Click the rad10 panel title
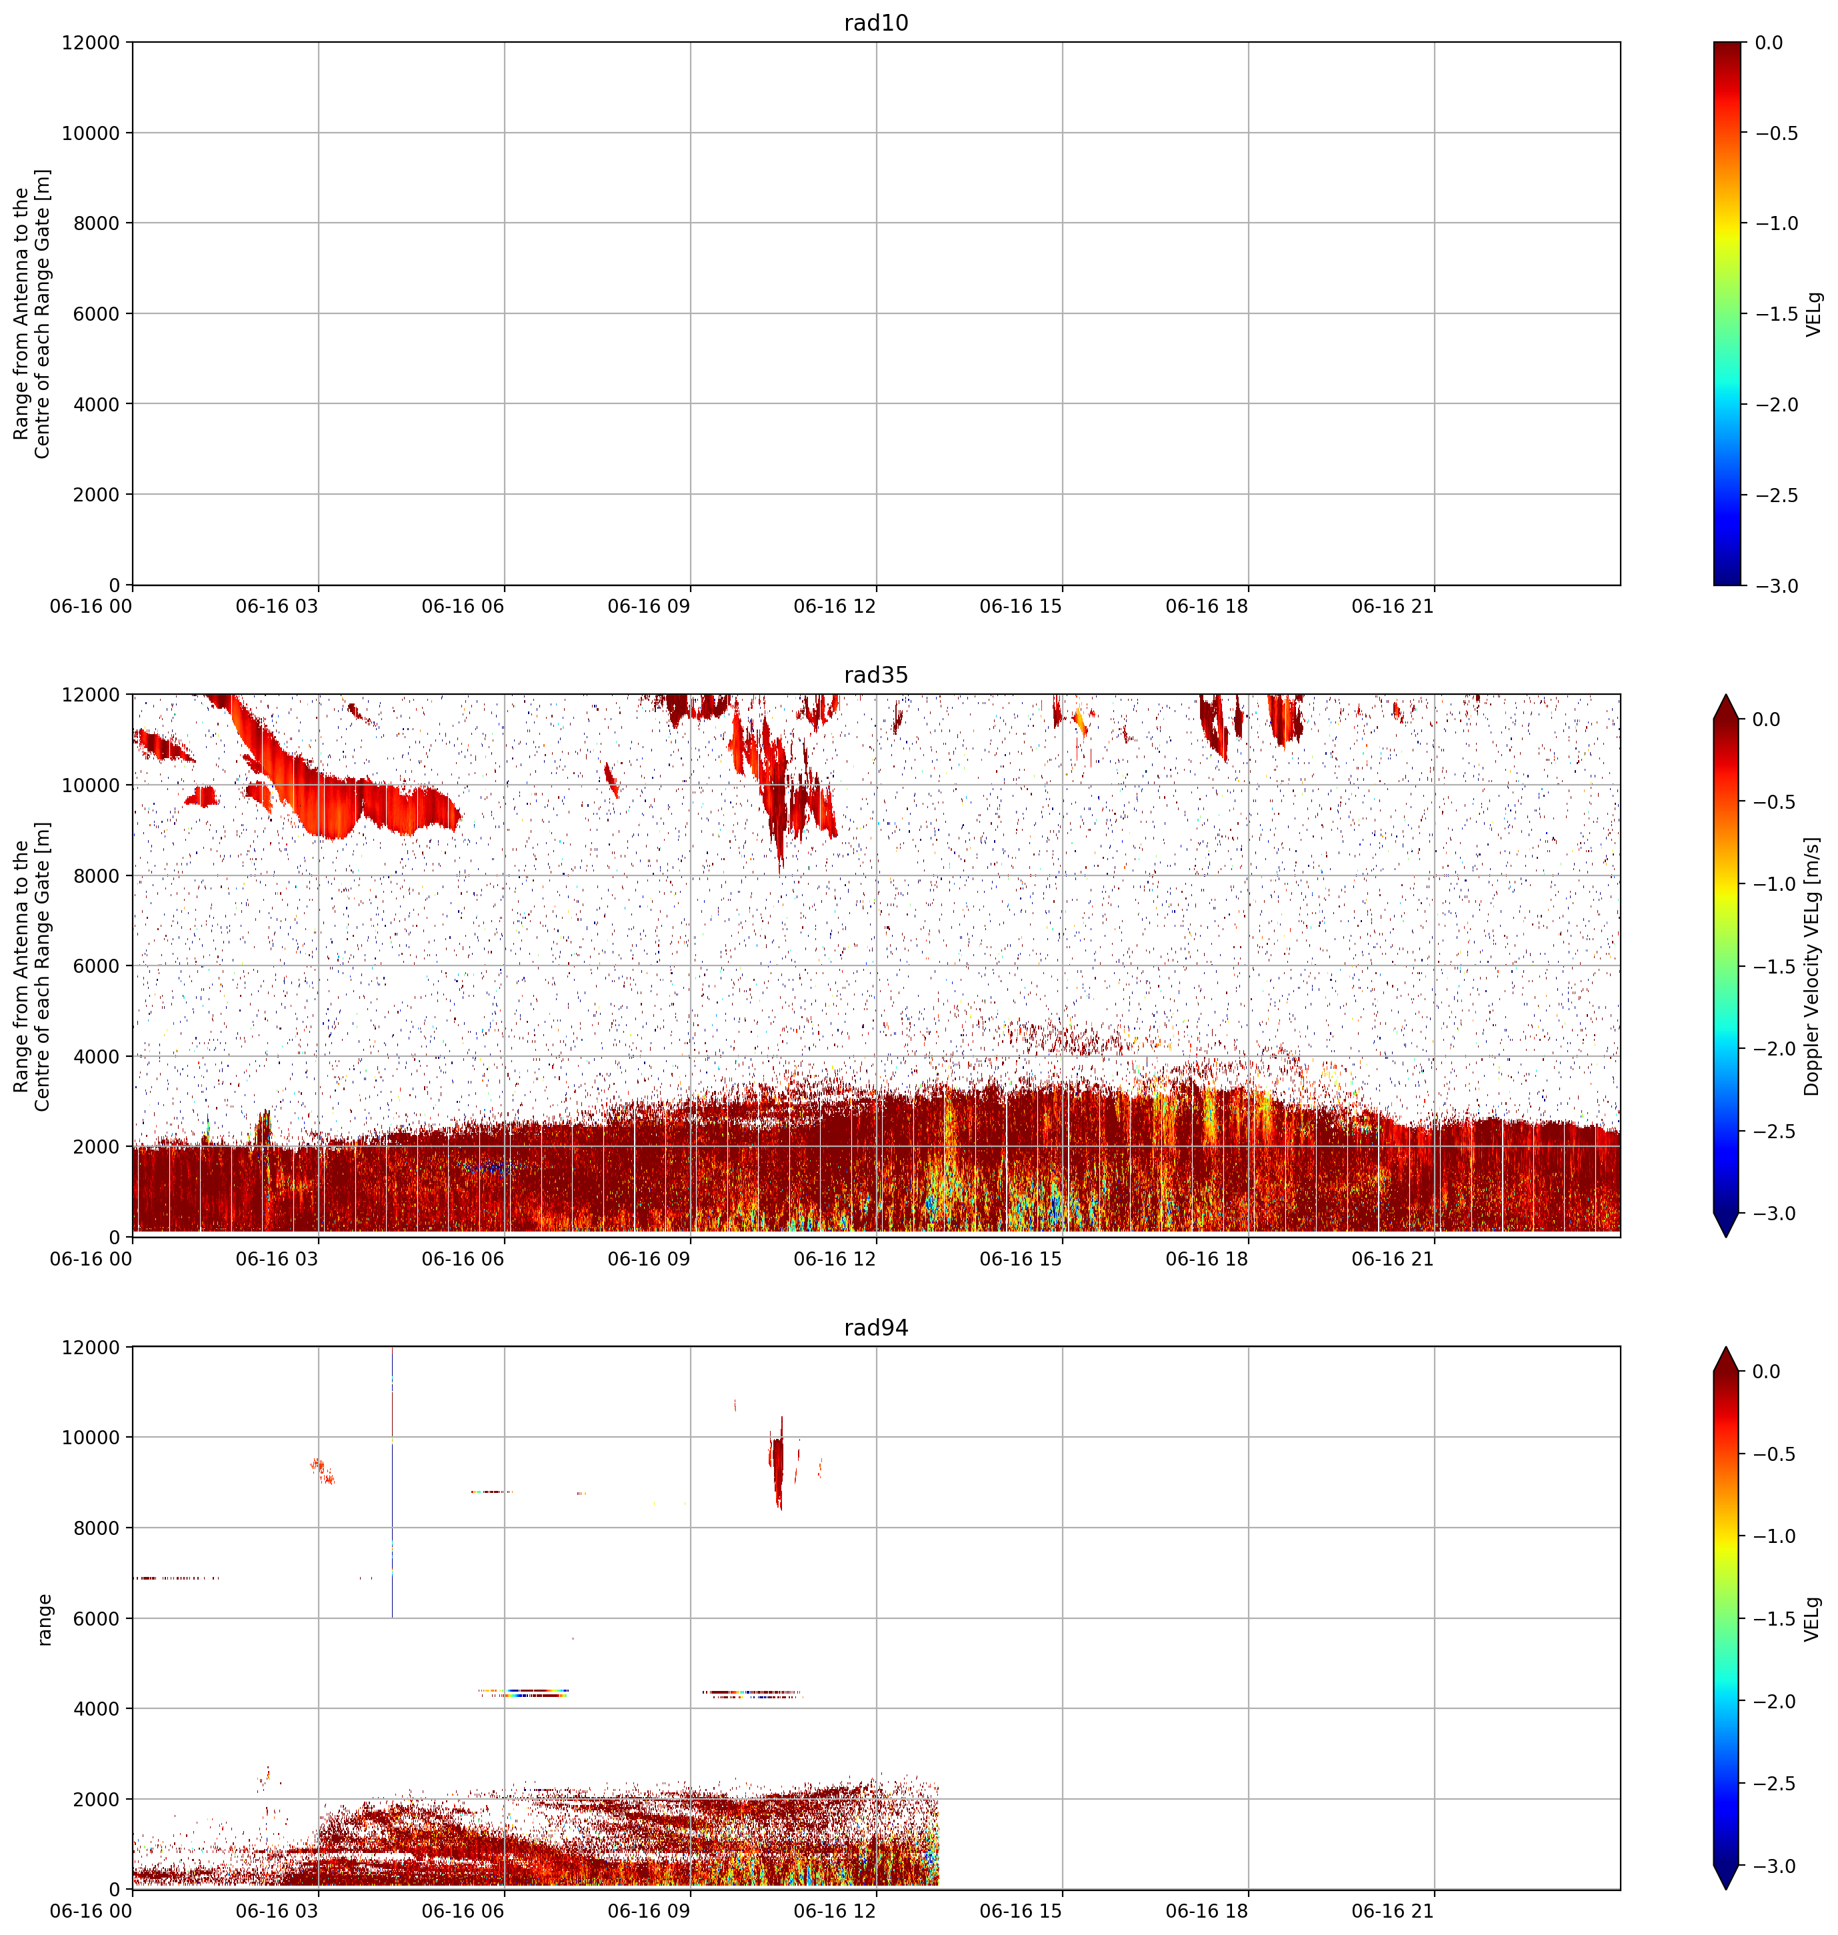(876, 23)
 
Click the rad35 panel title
(876, 675)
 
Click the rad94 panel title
(876, 1328)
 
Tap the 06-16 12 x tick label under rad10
(835, 607)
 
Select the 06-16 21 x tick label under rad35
(1393, 1259)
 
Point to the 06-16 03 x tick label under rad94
(277, 1912)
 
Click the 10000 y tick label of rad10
(90, 133)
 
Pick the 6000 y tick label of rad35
(97, 966)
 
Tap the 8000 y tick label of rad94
(97, 1528)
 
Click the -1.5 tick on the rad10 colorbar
(1775, 313)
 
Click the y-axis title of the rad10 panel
(31, 313)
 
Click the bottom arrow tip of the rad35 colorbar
(1726, 1236)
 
